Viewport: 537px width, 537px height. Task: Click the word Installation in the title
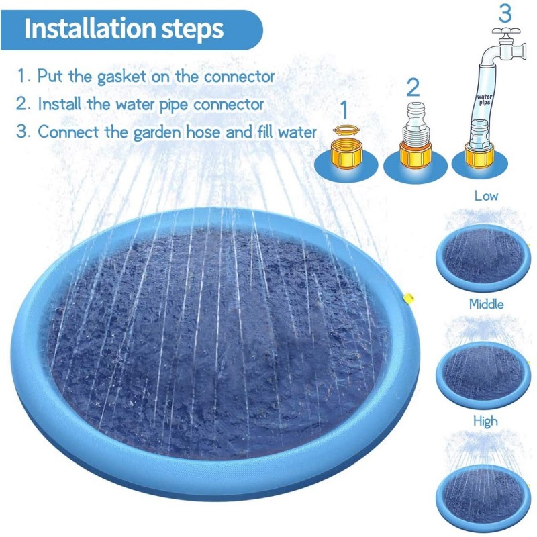coord(91,29)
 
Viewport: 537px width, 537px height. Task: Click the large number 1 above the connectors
coord(344,108)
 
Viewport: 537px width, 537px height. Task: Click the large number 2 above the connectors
coord(413,87)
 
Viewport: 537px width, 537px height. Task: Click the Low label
coord(486,196)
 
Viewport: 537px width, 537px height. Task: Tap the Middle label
coord(486,304)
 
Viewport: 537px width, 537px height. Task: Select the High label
coord(485,421)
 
